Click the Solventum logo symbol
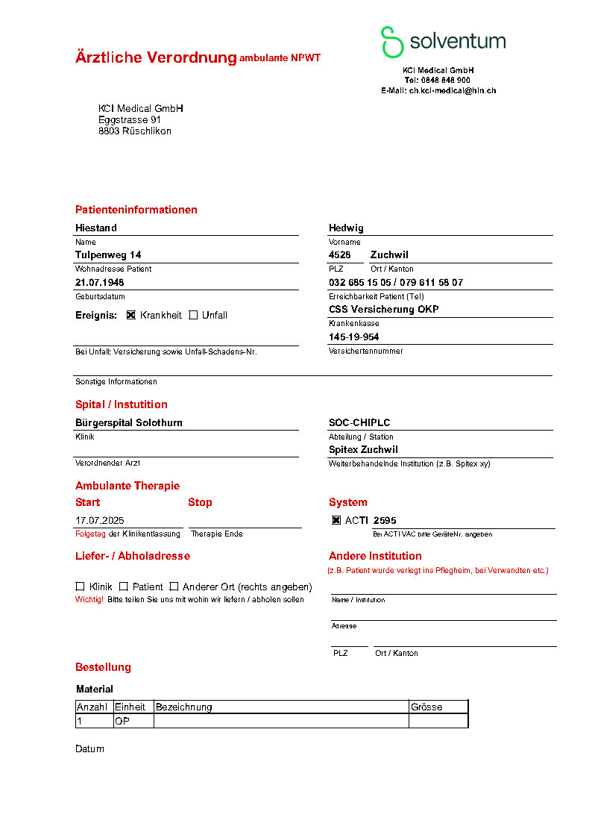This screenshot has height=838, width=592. coord(392,42)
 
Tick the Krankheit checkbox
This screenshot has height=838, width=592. coord(131,315)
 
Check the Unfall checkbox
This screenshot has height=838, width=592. coord(193,315)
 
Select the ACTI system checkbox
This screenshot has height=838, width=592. coord(336,520)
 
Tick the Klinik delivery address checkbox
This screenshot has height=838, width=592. coord(80,587)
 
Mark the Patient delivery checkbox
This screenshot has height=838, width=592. coord(124,587)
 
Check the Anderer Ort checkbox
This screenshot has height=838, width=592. coord(174,587)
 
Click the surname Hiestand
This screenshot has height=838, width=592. coord(96,228)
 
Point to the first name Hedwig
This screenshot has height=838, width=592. coord(346,228)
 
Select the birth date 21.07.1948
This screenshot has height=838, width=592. coord(100,283)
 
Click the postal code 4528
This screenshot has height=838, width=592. coord(340,255)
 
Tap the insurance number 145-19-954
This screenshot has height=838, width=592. coord(354,337)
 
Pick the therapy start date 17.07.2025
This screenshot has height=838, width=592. coord(100,520)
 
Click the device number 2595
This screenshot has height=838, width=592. coord(385,520)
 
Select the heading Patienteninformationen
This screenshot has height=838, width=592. coord(136,210)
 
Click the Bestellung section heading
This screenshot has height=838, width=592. coord(103,667)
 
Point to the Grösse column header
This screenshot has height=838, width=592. coord(426,707)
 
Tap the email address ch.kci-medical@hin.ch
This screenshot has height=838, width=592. coord(452,90)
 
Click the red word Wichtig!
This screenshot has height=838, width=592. coord(89,599)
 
